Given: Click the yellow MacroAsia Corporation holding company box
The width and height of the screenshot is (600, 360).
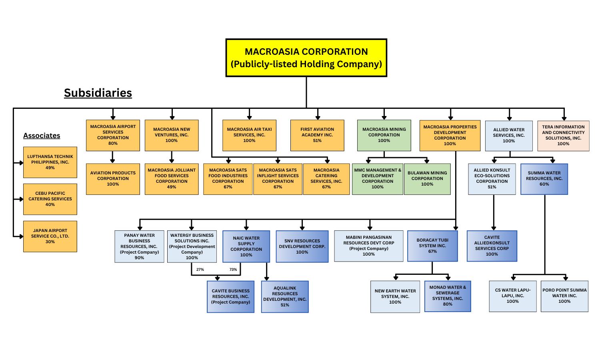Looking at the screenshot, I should click(306, 58).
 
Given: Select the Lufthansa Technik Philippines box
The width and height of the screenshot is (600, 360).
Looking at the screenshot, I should click(50, 162).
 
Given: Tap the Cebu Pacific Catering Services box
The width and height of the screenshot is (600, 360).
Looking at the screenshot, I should click(50, 199).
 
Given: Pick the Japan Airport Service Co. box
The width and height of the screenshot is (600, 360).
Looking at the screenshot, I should click(50, 236).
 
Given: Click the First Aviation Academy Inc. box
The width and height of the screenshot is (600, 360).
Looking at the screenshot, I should click(317, 135).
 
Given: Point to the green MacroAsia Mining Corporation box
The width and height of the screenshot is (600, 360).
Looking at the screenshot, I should click(384, 135).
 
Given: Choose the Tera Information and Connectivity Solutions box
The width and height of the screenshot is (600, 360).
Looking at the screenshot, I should click(563, 136).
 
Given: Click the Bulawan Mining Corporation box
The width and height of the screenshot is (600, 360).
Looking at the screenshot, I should click(427, 179).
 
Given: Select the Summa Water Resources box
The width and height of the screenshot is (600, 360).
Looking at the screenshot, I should click(544, 179).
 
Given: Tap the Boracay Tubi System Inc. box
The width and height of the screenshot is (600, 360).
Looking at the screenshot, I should click(432, 246).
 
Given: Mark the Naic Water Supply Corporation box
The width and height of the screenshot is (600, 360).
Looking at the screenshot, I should click(246, 246).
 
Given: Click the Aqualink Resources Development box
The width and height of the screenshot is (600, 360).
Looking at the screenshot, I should click(285, 296).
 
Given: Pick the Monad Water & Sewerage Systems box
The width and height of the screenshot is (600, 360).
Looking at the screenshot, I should click(448, 296).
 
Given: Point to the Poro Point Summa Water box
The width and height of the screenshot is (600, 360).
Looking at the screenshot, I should click(564, 296).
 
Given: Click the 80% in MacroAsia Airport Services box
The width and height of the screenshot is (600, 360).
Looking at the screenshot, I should click(113, 144).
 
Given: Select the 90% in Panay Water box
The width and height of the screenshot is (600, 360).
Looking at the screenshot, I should click(139, 258).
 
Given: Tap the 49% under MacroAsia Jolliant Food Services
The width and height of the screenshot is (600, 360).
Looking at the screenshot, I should click(172, 187).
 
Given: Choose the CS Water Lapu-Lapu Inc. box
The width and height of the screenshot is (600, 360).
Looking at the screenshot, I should click(512, 296).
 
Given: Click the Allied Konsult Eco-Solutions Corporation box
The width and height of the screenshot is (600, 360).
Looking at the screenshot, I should click(492, 179).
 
